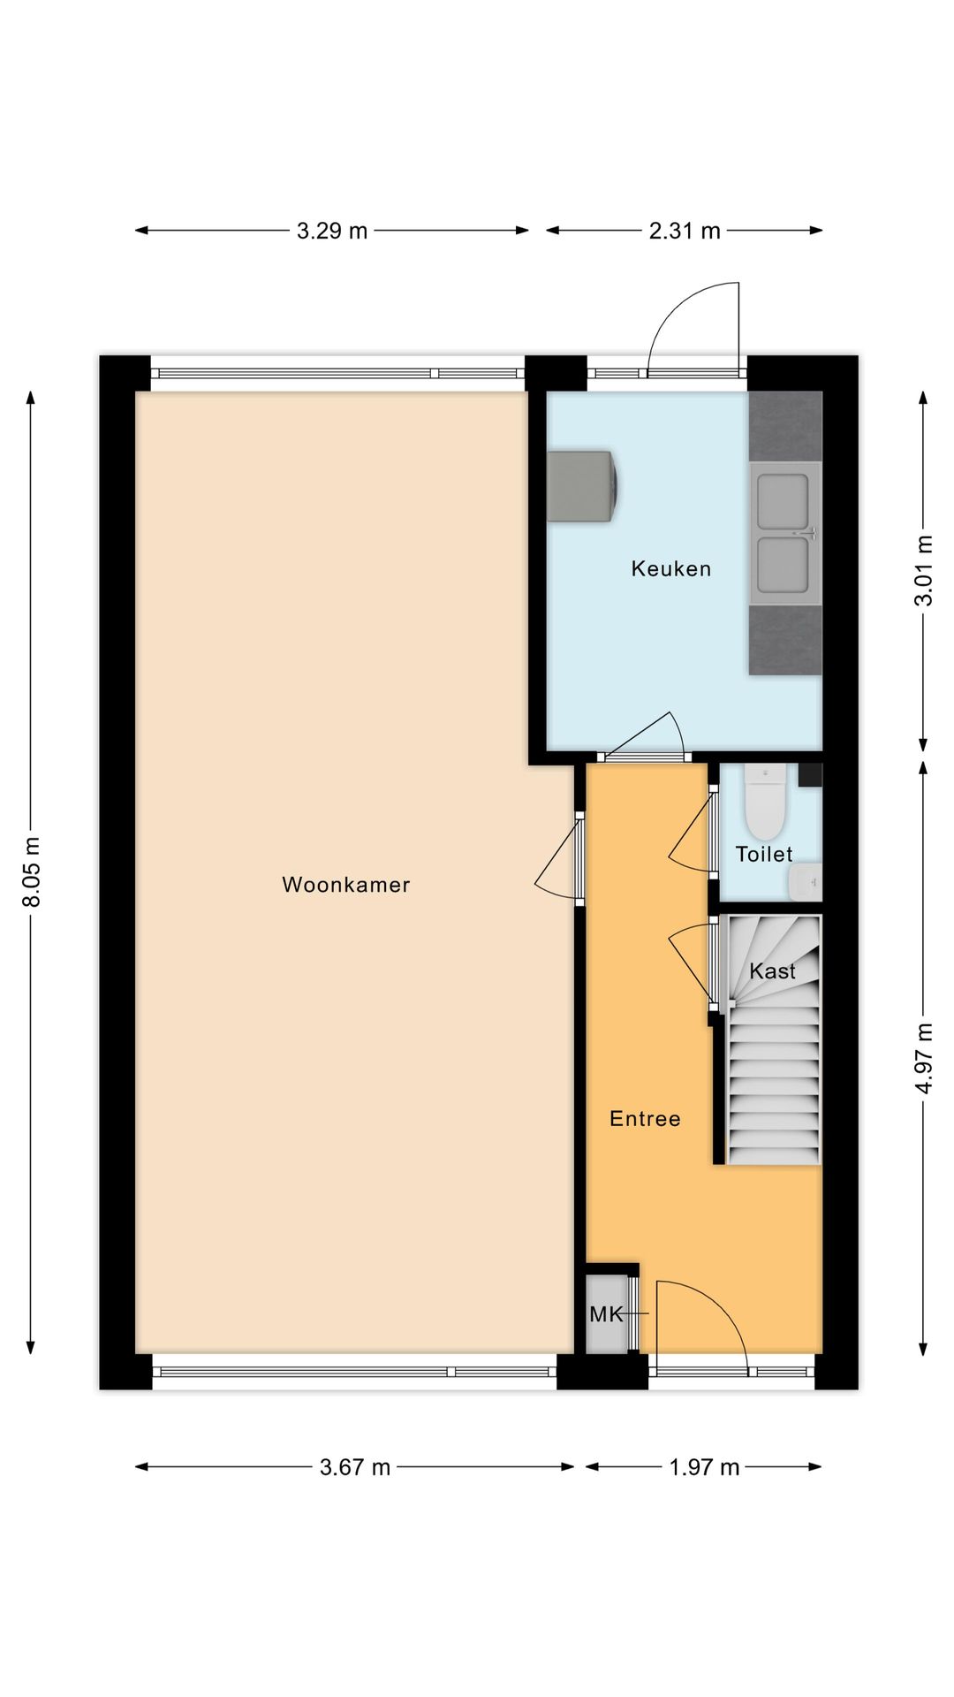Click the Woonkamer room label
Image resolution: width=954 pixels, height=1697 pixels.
tap(345, 885)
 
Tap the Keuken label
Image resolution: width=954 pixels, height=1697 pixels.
tap(670, 568)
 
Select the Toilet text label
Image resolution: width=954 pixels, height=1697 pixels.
tap(763, 854)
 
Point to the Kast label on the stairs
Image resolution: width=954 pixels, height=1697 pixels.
tap(772, 970)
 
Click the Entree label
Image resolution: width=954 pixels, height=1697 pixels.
tap(645, 1119)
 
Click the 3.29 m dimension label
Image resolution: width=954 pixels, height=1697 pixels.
tap(331, 231)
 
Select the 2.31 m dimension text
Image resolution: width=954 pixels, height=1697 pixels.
tap(685, 231)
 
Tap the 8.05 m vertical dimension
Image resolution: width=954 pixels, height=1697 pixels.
tap(32, 871)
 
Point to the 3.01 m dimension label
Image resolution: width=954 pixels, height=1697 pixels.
tap(923, 570)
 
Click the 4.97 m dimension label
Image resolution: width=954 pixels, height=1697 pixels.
tap(923, 1058)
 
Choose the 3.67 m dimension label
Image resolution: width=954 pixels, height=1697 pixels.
tap(354, 1467)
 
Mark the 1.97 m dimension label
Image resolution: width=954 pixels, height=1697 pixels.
tap(704, 1467)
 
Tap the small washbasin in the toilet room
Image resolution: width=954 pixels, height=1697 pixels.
tap(805, 881)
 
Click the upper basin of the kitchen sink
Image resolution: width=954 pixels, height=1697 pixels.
tap(783, 501)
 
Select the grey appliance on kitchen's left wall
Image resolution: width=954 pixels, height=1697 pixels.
tap(580, 486)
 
